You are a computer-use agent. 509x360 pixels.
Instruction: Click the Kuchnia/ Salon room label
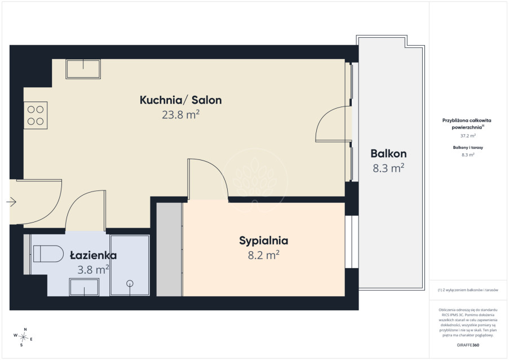point(180,100)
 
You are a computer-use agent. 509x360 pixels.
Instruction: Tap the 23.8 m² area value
point(180,114)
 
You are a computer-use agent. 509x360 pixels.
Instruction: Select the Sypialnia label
point(264,241)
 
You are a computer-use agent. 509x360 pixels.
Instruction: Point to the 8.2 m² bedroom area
point(264,255)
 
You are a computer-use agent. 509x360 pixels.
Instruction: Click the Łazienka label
point(94,255)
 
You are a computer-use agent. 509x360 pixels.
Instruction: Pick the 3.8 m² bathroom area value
point(93,269)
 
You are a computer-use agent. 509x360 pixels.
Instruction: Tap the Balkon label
point(388,153)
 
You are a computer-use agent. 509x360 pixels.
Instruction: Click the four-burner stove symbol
point(36,115)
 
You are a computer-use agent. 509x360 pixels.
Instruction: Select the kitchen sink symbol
point(83,69)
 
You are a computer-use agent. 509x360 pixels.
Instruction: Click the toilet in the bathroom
point(48,254)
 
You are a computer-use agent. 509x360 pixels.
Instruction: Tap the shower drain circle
point(130,283)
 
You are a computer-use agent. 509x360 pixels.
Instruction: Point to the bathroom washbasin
point(84,287)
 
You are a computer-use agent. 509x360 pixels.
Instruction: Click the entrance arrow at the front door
point(11,202)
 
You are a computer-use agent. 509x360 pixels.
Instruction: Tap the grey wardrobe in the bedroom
point(170,250)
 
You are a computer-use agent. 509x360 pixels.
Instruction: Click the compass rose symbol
point(23,337)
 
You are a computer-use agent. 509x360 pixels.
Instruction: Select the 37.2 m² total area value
point(468,136)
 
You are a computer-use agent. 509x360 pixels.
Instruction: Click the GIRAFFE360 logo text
point(468,345)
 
